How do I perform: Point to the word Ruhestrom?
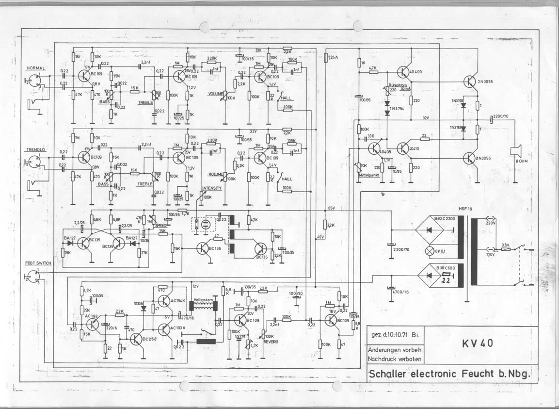(x=397, y=84)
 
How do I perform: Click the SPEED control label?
(x=160, y=226)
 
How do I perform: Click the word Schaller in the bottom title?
(x=388, y=374)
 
